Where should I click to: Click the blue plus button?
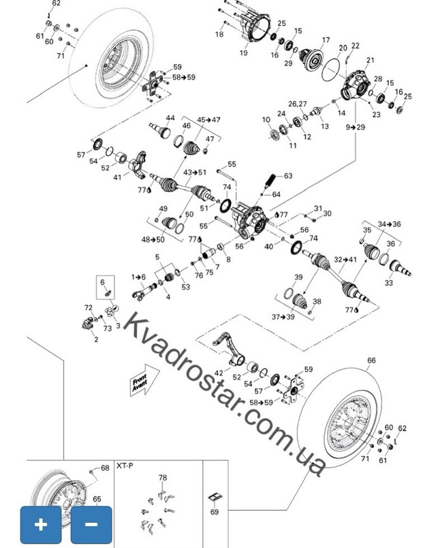click(42, 524)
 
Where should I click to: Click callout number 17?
click(326, 40)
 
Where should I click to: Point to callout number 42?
click(218, 374)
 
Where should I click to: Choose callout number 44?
click(170, 118)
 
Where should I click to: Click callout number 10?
click(266, 120)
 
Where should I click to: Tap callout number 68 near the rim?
click(105, 468)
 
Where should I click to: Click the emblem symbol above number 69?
click(216, 496)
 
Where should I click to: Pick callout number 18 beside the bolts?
click(219, 33)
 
